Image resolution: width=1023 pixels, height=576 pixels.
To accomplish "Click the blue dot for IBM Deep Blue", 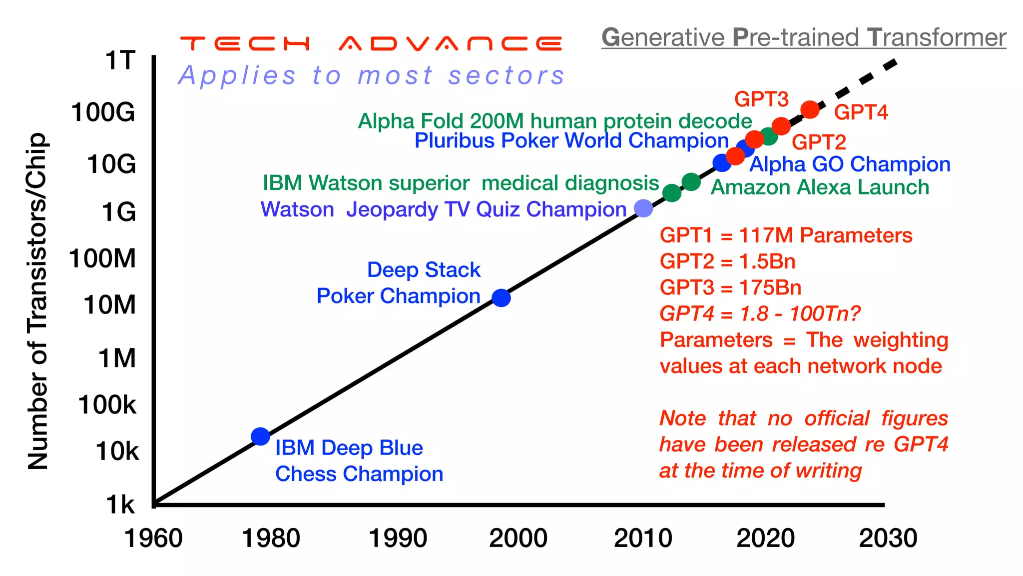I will pyautogui.click(x=260, y=436).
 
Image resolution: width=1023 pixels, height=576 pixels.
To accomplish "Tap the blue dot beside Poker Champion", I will pyautogui.click(x=501, y=297).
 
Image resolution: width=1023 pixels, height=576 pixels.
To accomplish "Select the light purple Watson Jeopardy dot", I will pyautogui.click(x=643, y=208).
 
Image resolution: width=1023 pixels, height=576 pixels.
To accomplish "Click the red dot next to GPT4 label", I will pyautogui.click(x=810, y=109).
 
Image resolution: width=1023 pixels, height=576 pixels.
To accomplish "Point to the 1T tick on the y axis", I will pyautogui.click(x=120, y=60).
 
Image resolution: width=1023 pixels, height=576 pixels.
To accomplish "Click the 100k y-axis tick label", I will pyautogui.click(x=106, y=404).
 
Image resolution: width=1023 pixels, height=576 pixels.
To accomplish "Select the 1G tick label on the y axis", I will pyautogui.click(x=118, y=212).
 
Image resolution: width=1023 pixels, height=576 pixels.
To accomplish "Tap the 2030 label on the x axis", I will pyautogui.click(x=888, y=538).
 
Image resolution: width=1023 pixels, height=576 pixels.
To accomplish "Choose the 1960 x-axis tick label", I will pyautogui.click(x=153, y=538).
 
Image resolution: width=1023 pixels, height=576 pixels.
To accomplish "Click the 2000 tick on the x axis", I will pyautogui.click(x=518, y=538).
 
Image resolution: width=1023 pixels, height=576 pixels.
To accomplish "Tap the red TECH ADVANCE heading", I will pyautogui.click(x=371, y=43).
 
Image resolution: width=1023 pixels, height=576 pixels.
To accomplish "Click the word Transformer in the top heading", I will pyautogui.click(x=937, y=37).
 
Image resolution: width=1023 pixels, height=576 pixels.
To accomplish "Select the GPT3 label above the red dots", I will pyautogui.click(x=761, y=99).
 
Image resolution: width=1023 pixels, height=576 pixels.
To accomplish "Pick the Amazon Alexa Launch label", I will pyautogui.click(x=819, y=187).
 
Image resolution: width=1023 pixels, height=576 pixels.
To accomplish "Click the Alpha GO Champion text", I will pyautogui.click(x=850, y=164).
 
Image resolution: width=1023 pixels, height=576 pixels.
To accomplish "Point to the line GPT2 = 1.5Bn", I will pyautogui.click(x=727, y=261).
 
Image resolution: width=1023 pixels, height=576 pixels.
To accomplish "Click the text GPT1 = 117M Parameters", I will pyautogui.click(x=786, y=235).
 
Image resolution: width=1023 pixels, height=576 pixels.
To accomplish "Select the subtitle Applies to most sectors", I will pyautogui.click(x=371, y=76).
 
